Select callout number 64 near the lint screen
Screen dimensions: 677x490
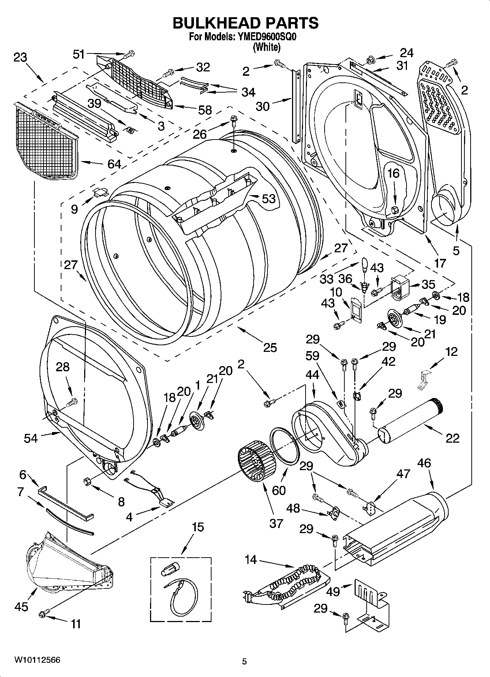tap(114, 164)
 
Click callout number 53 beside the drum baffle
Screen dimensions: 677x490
tap(269, 198)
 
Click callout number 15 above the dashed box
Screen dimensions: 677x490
tap(198, 528)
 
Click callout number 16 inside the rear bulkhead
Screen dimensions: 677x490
tap(394, 173)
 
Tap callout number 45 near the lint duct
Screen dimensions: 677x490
tap(21, 607)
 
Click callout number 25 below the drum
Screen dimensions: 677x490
tap(270, 347)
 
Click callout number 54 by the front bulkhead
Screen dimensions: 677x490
tap(31, 438)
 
